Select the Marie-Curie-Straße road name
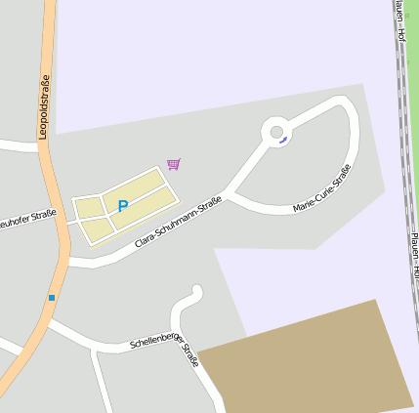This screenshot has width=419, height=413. coord(322,189)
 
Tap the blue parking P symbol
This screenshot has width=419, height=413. coord(123,206)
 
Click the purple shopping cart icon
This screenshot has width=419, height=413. coord(174,164)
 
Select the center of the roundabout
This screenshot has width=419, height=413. coord(276,131)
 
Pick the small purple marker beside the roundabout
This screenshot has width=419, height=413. coord(283,141)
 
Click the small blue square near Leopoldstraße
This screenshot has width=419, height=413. coord(52,297)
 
